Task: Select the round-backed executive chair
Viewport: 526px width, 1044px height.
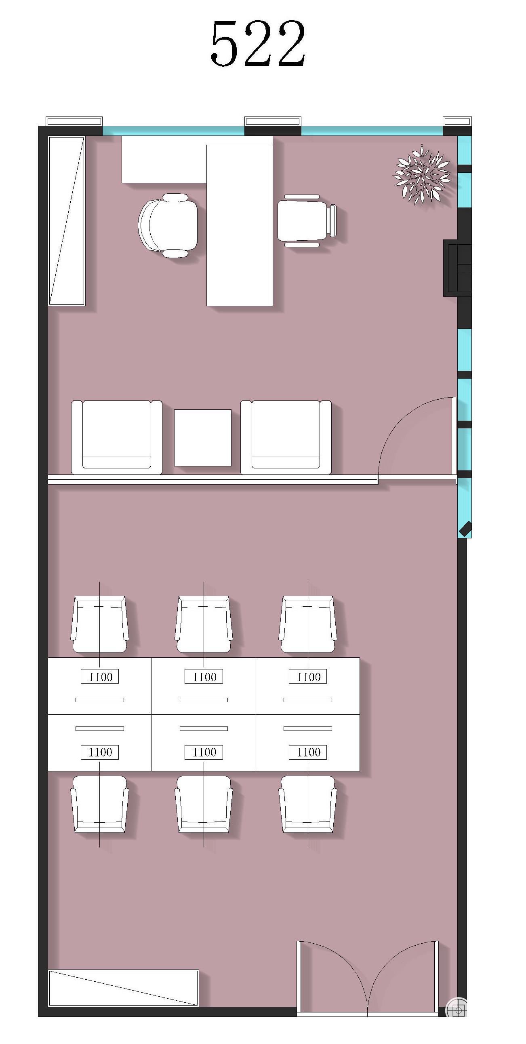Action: click(x=168, y=225)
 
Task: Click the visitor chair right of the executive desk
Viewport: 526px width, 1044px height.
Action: click(x=307, y=220)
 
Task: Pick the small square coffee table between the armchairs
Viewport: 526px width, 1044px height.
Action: click(x=202, y=438)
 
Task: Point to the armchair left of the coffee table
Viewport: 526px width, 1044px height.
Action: click(x=117, y=437)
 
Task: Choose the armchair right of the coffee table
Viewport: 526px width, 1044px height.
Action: click(x=286, y=437)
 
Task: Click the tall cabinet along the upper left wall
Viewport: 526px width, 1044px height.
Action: click(x=67, y=221)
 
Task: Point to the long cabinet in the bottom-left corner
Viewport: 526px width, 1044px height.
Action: click(x=124, y=988)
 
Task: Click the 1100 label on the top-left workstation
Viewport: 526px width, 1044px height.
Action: click(x=100, y=677)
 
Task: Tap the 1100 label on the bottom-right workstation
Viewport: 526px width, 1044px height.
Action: click(x=308, y=752)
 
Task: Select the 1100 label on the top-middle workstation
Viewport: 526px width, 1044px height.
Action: click(x=204, y=677)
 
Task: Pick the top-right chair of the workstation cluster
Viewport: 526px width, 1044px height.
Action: click(x=308, y=624)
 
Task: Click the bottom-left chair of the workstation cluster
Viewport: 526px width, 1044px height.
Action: click(x=100, y=805)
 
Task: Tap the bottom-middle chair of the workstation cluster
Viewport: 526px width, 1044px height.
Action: click(x=204, y=805)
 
